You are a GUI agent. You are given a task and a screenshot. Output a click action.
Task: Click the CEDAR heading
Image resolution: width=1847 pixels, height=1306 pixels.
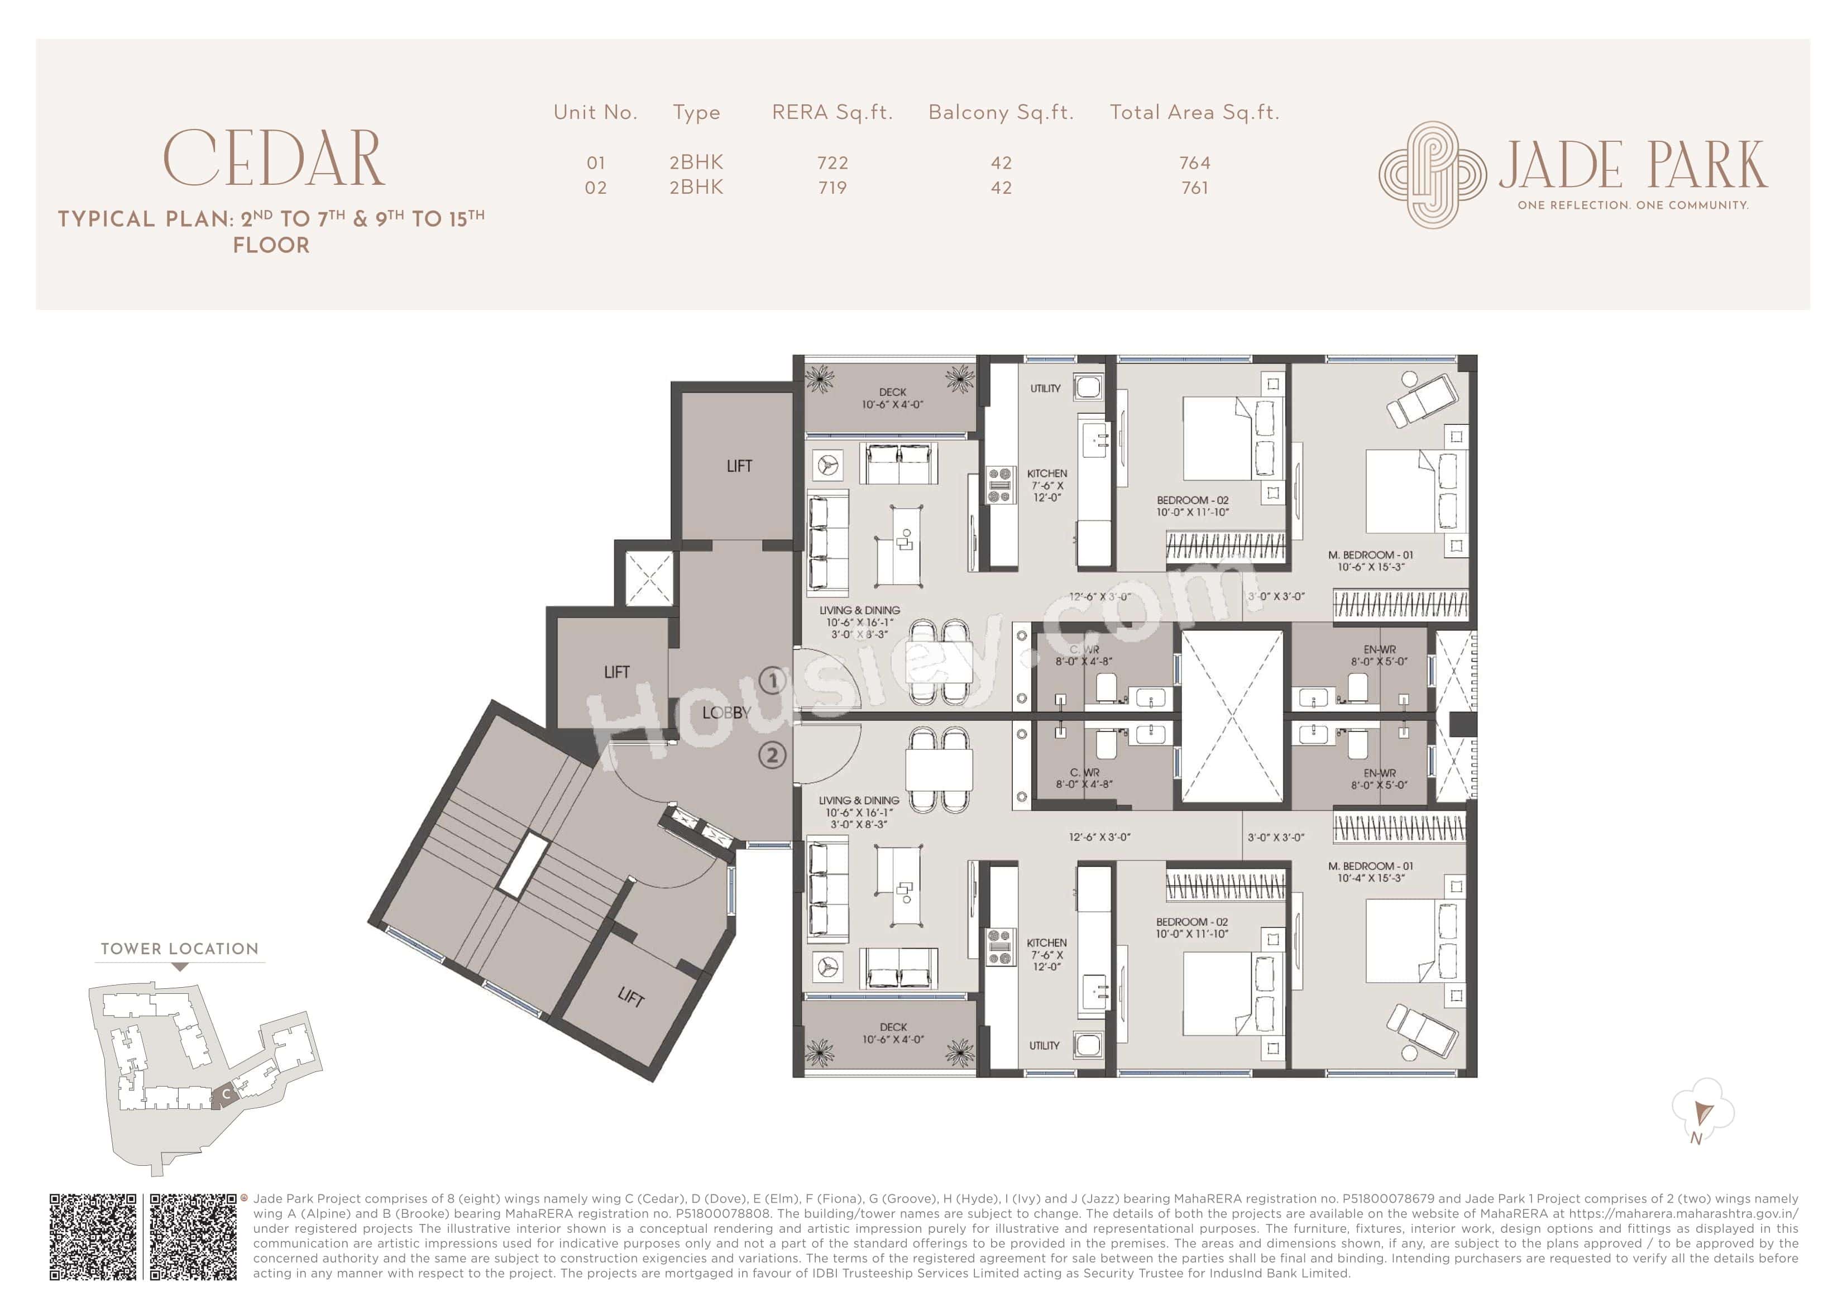coord(274,159)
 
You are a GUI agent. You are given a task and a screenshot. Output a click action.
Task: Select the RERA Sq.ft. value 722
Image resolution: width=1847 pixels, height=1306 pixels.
coord(832,162)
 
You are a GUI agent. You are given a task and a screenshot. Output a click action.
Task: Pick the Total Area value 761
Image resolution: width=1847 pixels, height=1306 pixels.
coord(1195,188)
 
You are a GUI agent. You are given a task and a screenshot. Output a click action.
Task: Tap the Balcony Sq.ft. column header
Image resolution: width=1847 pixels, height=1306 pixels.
coord(1001,113)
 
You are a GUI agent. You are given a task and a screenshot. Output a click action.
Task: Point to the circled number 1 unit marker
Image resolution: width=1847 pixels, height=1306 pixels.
coord(772,681)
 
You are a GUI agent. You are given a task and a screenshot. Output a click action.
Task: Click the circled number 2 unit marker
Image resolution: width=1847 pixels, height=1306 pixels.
coord(772,755)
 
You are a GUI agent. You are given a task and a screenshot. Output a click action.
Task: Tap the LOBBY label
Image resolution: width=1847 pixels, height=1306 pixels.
coord(726,713)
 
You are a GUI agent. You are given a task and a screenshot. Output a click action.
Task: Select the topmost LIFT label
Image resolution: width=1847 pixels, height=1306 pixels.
coord(739,466)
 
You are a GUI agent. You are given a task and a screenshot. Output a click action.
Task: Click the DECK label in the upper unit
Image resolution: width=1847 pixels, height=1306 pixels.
coord(892,393)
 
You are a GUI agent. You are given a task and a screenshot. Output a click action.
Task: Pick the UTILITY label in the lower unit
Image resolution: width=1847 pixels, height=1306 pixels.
coord(1044,1045)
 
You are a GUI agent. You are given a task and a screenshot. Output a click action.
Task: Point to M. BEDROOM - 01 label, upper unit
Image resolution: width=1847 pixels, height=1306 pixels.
coord(1371,554)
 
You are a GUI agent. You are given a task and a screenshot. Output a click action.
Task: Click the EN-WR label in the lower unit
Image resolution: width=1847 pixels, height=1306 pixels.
coord(1379,773)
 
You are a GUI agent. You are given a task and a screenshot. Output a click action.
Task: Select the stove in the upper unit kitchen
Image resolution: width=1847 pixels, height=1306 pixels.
coord(999,486)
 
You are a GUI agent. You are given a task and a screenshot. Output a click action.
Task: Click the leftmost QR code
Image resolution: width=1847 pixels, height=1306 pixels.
coord(93,1237)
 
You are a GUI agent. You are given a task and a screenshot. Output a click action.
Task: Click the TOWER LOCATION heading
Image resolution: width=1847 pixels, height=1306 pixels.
coord(179,949)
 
